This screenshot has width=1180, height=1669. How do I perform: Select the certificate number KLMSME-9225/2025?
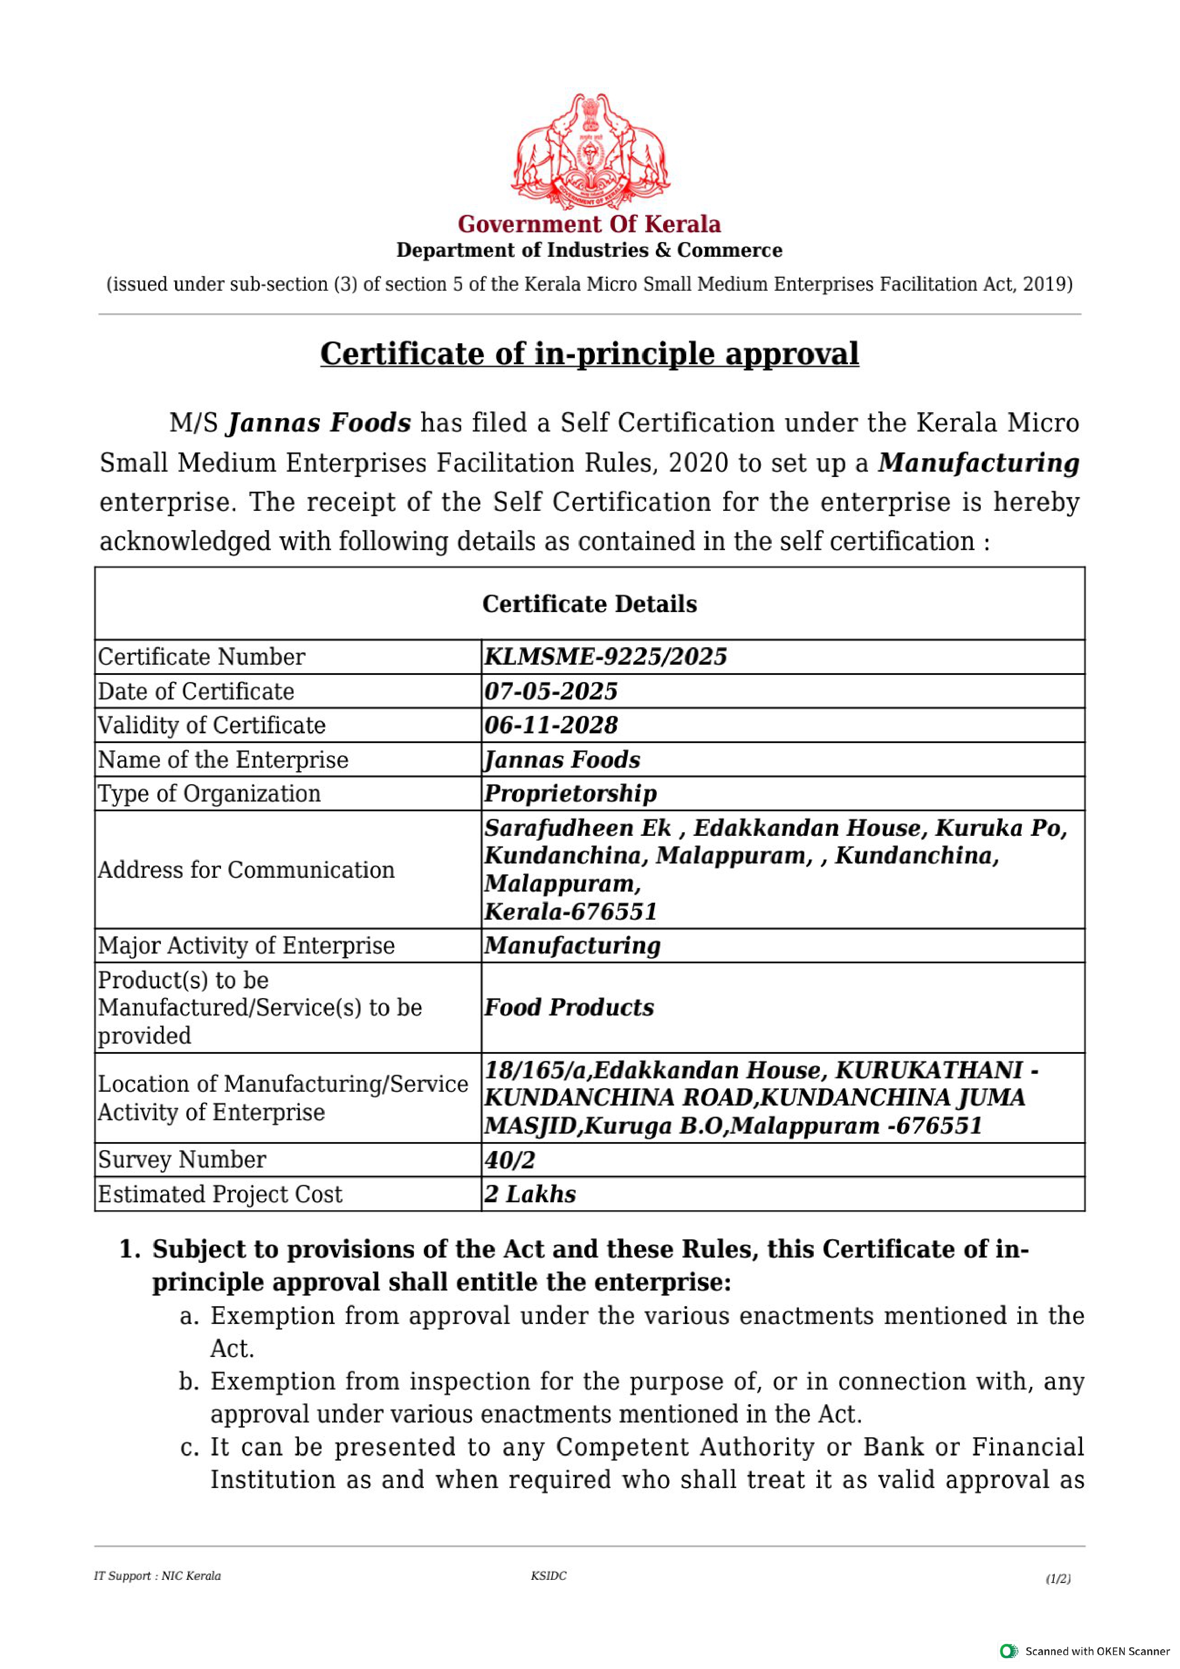[605, 656]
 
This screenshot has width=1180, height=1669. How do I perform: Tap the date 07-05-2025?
[551, 691]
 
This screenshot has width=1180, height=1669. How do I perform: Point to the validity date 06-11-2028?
[551, 725]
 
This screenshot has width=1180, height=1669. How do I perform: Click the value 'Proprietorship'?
[570, 793]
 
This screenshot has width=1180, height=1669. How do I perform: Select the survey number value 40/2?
[509, 1159]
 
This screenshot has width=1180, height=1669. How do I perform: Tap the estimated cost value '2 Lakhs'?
[530, 1194]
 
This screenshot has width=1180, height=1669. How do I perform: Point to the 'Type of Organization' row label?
[209, 793]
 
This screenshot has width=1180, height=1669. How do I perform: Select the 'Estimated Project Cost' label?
[219, 1194]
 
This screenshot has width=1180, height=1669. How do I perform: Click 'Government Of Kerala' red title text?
[589, 224]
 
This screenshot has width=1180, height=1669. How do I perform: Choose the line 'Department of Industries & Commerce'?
[589, 250]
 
